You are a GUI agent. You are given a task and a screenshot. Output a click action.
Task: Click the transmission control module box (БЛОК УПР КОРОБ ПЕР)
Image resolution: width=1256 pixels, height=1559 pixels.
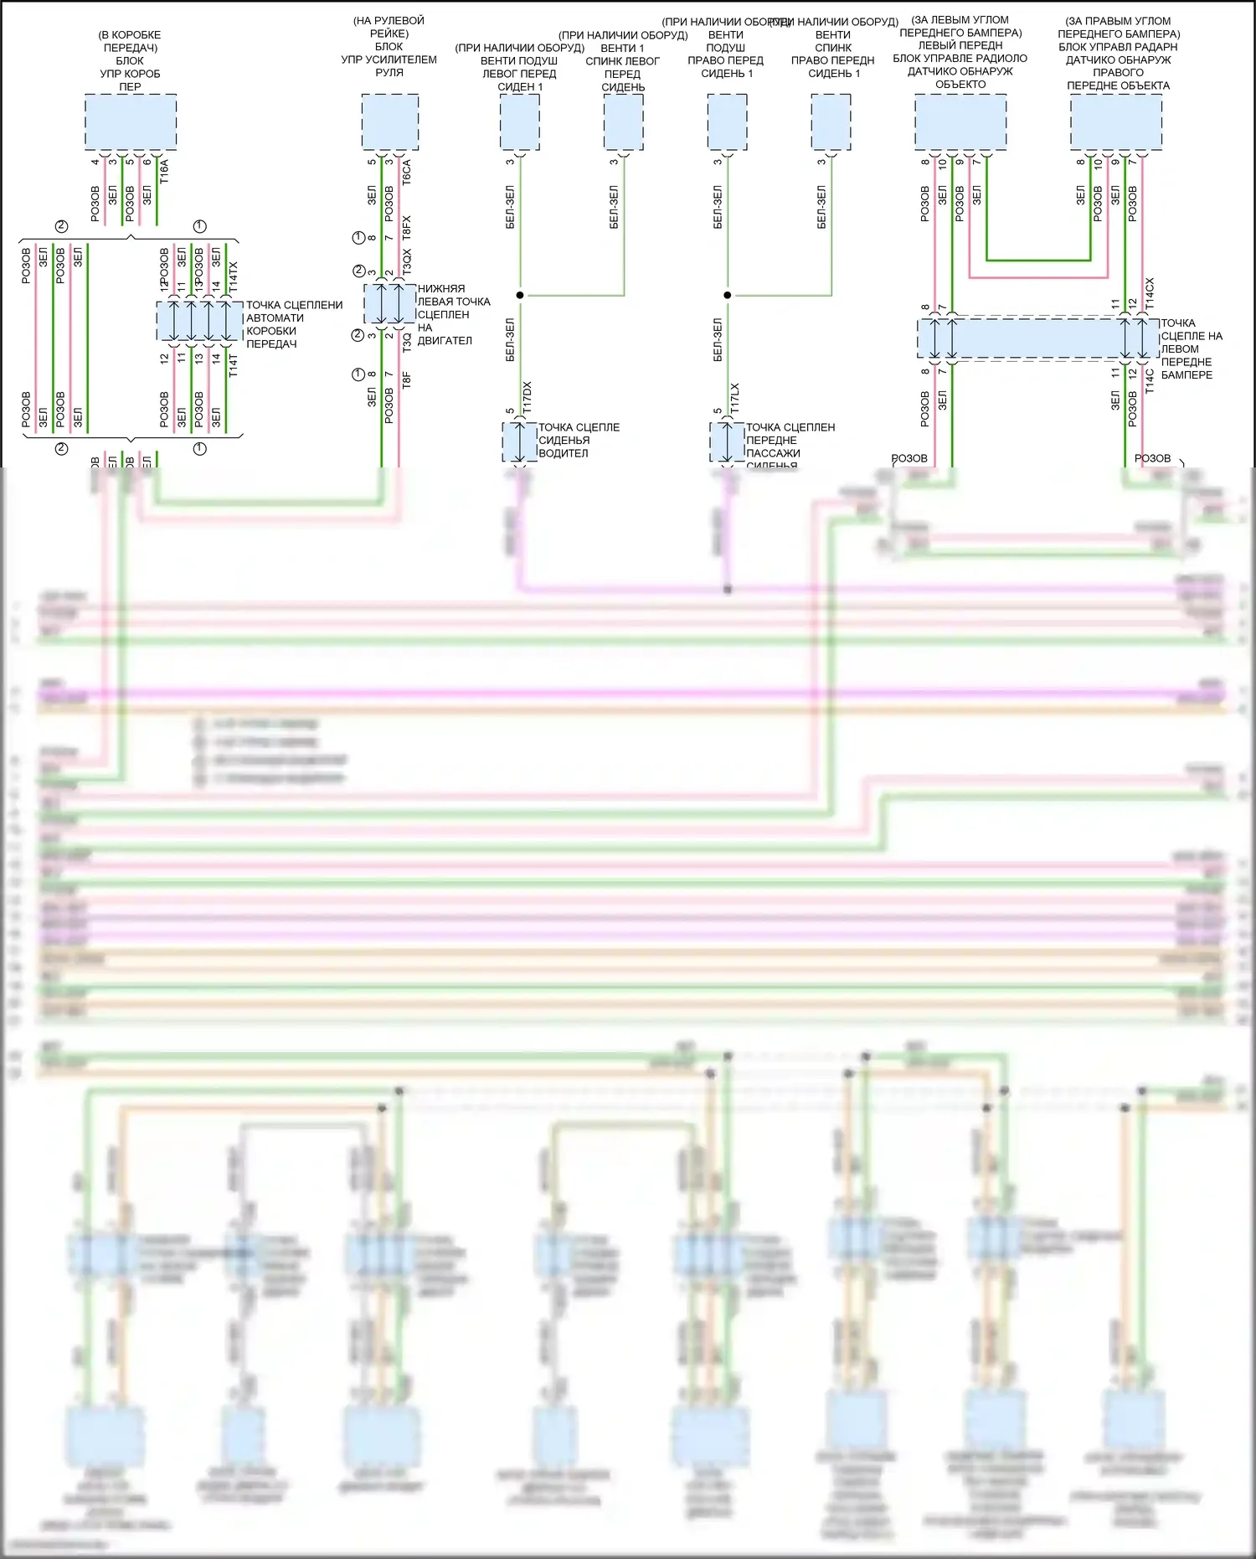(130, 122)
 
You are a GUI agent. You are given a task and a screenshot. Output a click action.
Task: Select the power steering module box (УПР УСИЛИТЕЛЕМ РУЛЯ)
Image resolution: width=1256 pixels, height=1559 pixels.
(389, 122)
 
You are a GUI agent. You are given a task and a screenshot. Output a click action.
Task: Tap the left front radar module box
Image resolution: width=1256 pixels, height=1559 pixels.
(960, 122)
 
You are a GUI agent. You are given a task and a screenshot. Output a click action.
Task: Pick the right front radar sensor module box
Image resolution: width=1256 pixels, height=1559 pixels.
(1115, 122)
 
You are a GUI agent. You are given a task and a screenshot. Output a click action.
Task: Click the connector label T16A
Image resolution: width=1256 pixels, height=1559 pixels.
(164, 172)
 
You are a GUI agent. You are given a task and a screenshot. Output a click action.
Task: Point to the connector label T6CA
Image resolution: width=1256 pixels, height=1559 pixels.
(407, 172)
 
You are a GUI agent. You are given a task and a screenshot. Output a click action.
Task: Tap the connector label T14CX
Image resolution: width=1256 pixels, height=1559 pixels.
(1150, 291)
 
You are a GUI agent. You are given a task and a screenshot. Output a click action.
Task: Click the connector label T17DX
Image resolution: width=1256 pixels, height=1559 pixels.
(527, 397)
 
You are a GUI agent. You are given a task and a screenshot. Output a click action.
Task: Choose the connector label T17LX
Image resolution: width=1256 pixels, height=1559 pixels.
(734, 399)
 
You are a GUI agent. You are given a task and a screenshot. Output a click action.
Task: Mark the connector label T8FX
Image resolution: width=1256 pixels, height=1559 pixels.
(407, 228)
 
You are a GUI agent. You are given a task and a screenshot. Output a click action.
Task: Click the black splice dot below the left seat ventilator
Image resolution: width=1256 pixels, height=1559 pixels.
(520, 295)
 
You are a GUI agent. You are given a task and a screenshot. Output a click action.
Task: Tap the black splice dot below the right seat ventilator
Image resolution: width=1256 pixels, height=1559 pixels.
(728, 295)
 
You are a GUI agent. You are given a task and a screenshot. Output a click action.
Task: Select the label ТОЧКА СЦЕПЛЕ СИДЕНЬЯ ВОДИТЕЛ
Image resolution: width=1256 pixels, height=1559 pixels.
(578, 440)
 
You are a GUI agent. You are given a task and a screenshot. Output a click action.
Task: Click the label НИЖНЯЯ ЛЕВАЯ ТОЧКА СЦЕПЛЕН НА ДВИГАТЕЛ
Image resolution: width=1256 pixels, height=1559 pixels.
(453, 314)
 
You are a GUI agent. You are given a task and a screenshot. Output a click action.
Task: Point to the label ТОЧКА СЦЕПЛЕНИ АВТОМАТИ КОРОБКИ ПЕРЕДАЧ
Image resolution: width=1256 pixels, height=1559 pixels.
(293, 324)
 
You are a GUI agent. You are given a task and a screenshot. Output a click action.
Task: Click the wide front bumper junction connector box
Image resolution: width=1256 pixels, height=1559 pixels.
(1038, 338)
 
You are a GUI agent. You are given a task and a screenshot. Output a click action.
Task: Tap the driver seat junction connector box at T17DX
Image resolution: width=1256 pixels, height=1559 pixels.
(519, 441)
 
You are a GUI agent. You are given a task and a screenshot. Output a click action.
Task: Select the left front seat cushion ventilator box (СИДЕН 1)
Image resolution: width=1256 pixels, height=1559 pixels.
(519, 122)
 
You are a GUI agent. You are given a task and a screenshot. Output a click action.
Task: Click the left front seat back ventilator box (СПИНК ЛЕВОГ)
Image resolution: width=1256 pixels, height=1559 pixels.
(623, 122)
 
